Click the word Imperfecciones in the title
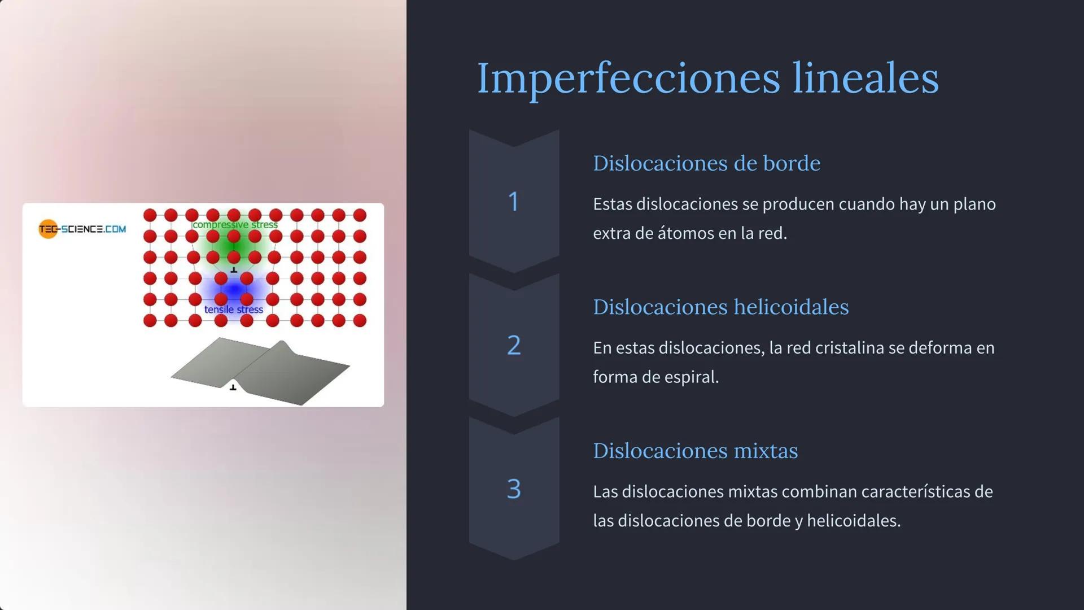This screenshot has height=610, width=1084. click(x=628, y=78)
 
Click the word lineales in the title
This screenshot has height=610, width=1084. click(x=866, y=78)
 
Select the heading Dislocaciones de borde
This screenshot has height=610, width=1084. click(x=706, y=163)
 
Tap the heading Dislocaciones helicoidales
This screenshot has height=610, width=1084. click(x=720, y=307)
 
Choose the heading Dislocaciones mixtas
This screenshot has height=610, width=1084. click(x=695, y=451)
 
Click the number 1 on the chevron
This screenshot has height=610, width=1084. click(x=513, y=202)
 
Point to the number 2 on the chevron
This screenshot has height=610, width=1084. click(x=513, y=345)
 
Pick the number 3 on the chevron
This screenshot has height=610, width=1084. click(x=513, y=489)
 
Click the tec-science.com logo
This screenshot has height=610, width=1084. click(x=82, y=229)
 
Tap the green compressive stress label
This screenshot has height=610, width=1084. click(x=235, y=225)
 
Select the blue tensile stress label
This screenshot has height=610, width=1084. click(x=233, y=310)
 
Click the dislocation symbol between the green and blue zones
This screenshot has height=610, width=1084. click(x=234, y=270)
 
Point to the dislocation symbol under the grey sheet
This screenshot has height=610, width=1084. click(x=233, y=387)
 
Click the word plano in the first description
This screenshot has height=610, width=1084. click(x=974, y=204)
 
